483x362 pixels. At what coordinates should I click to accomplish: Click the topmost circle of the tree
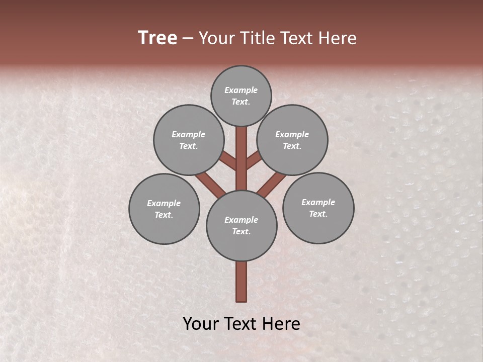coord(241,96)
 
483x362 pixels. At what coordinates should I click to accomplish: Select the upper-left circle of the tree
coord(189,140)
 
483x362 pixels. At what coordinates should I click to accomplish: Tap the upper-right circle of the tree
coord(292,140)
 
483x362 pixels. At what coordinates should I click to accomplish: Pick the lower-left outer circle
coord(164,209)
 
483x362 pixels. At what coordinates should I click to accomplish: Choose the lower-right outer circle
coord(318,208)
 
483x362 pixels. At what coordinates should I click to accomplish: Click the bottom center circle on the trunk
coord(242,226)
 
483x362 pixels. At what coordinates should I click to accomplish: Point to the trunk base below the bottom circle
coord(242,282)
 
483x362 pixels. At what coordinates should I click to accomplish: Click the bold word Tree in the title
coord(157,38)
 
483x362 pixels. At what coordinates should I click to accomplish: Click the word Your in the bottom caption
coord(201,324)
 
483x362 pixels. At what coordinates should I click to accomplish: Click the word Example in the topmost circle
coord(241,90)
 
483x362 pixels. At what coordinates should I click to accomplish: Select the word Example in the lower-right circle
coord(318,202)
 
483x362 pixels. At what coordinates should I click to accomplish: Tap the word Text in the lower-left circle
coord(163,215)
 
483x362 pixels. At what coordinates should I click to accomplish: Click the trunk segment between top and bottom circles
coord(242,158)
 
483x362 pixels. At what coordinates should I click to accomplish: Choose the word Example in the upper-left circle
coord(189,134)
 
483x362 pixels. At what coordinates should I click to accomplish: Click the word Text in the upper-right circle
coord(291,146)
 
